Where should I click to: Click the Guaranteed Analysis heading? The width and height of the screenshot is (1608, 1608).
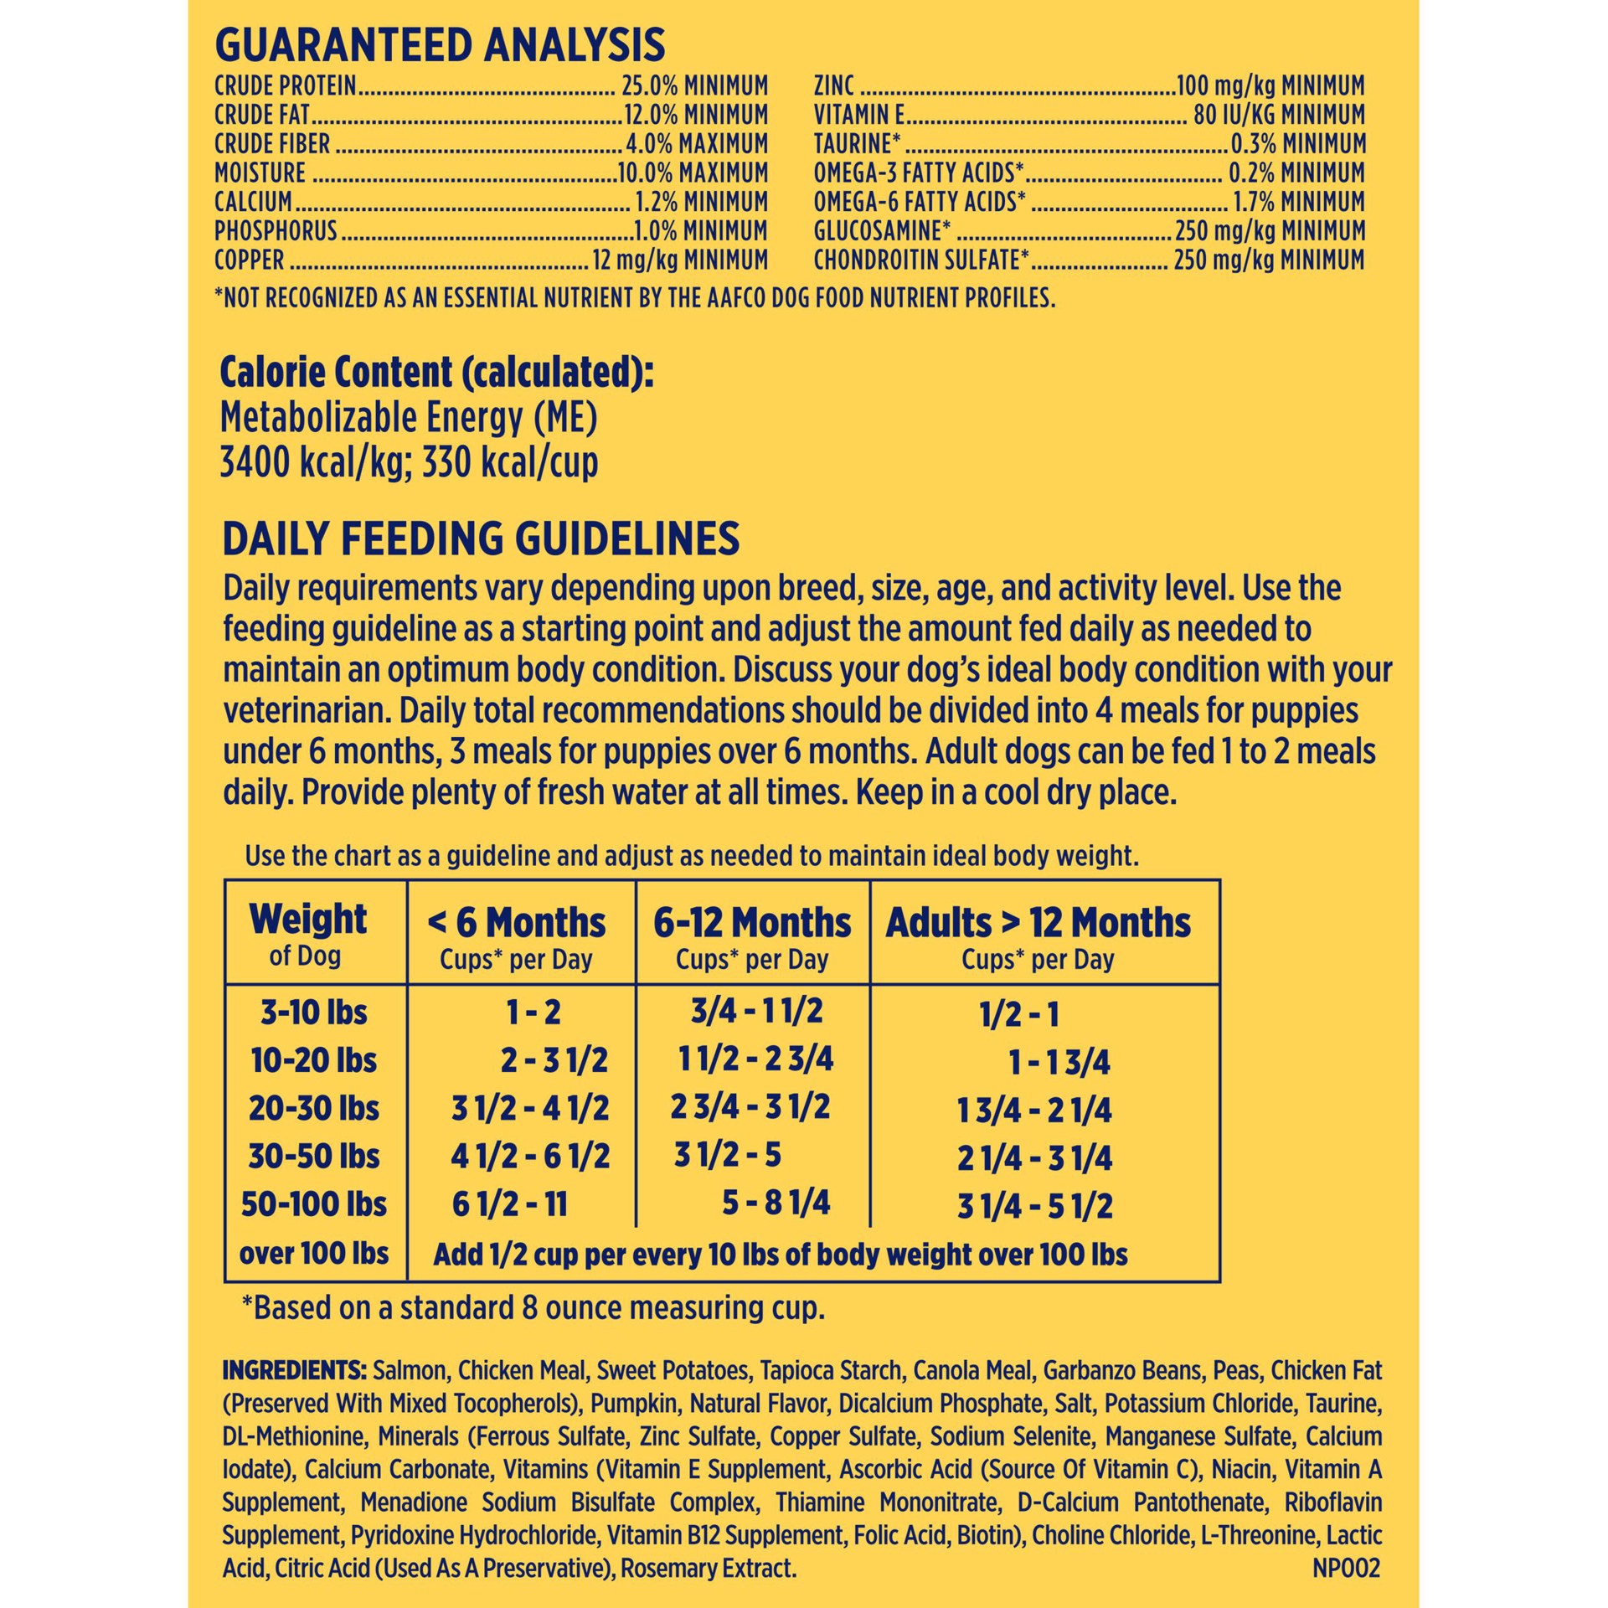click(x=440, y=45)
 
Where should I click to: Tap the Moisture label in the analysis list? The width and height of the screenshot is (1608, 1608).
click(x=260, y=173)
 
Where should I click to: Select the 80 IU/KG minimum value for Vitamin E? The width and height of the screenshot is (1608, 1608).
click(x=1279, y=115)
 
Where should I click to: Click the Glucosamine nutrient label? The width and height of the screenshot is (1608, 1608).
click(x=882, y=231)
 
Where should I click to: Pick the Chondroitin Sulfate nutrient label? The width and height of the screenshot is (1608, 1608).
click(x=920, y=260)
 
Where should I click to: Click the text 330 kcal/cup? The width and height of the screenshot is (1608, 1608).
click(x=510, y=463)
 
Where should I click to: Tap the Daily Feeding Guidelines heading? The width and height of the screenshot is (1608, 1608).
click(x=481, y=539)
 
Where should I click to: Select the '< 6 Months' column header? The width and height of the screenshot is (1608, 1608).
click(x=516, y=923)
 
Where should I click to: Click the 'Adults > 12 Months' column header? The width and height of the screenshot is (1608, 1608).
click(x=1038, y=923)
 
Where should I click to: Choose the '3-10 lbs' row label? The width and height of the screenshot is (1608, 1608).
click(x=314, y=1013)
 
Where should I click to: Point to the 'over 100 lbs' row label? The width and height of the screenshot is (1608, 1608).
click(x=314, y=1254)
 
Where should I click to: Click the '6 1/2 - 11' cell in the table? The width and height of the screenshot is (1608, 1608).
click(x=509, y=1205)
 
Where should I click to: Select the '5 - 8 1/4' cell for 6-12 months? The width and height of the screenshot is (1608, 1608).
click(x=776, y=1203)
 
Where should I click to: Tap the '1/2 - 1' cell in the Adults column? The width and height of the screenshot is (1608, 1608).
click(x=1019, y=1015)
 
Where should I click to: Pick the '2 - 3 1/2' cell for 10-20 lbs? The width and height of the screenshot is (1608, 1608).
click(x=554, y=1061)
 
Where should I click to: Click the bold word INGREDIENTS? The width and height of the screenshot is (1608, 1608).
click(x=294, y=1371)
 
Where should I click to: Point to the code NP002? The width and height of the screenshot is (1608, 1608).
click(x=1345, y=1568)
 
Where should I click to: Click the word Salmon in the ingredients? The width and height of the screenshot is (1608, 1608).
click(x=410, y=1371)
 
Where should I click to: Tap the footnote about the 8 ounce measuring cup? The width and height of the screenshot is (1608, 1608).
click(x=533, y=1308)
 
